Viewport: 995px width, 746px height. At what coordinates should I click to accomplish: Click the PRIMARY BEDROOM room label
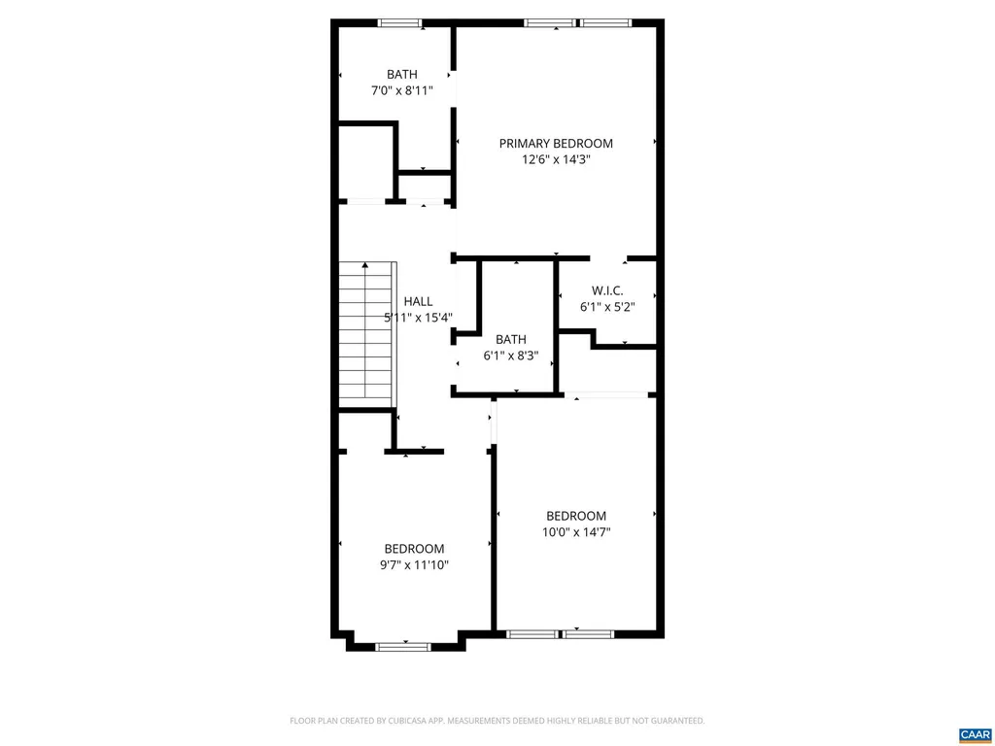point(556,144)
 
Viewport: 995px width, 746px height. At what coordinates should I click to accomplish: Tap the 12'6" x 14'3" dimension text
point(556,159)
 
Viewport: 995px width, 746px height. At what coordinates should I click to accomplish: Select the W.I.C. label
point(607,291)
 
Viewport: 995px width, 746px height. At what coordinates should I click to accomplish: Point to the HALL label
point(418,301)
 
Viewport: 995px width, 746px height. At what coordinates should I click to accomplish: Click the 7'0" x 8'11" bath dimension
point(401,90)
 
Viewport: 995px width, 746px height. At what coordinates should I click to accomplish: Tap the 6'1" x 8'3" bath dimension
point(511,356)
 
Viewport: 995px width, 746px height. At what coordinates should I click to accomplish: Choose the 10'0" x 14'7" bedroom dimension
point(576,531)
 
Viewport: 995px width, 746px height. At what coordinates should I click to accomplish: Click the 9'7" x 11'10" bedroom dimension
point(414,564)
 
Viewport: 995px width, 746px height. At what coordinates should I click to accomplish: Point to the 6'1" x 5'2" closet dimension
point(607,307)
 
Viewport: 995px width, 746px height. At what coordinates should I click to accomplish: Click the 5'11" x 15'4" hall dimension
point(418,318)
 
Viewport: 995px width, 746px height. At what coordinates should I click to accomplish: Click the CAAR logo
point(975,734)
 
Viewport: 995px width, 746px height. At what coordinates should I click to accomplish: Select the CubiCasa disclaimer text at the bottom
point(497,721)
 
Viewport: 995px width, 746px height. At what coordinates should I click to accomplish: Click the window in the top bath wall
point(399,23)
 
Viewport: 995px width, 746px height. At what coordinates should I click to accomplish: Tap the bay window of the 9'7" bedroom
point(403,647)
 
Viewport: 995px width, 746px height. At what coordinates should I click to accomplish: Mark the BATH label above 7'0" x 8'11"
point(401,74)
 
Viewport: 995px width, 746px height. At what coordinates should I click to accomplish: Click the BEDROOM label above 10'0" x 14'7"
point(576,516)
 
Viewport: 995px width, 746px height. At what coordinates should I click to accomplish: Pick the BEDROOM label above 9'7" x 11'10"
point(414,549)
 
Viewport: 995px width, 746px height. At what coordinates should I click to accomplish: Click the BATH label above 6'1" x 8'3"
point(511,339)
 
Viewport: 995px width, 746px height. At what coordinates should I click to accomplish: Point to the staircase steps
point(367,334)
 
